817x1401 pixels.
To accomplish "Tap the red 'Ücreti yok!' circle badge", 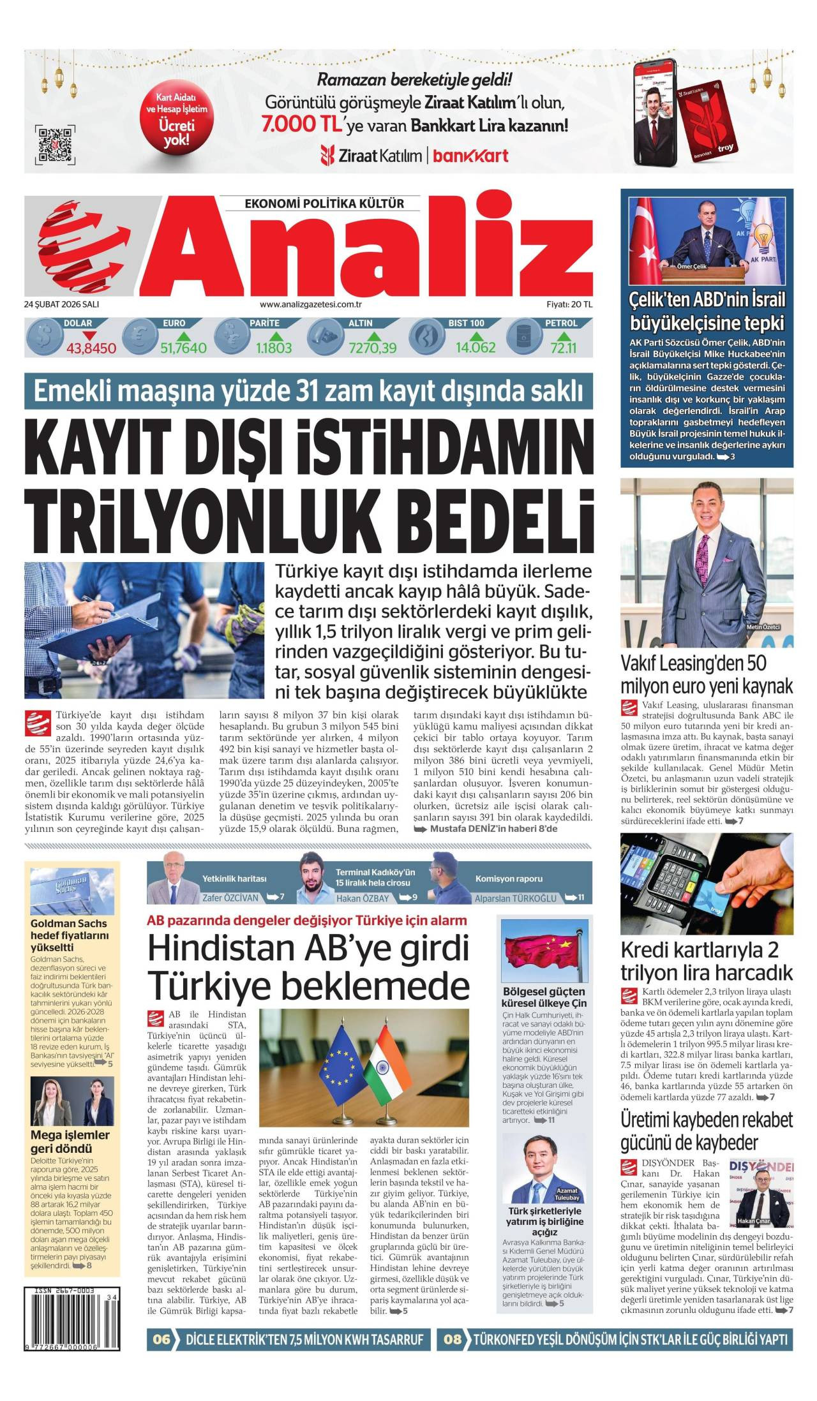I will coord(176,119).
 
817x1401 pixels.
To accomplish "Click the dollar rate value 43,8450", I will coord(91,348).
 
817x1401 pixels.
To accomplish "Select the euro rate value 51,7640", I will coord(183,348).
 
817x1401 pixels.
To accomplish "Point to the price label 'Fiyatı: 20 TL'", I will coord(569,304).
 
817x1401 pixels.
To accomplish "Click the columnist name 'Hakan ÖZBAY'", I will coord(362,898).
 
